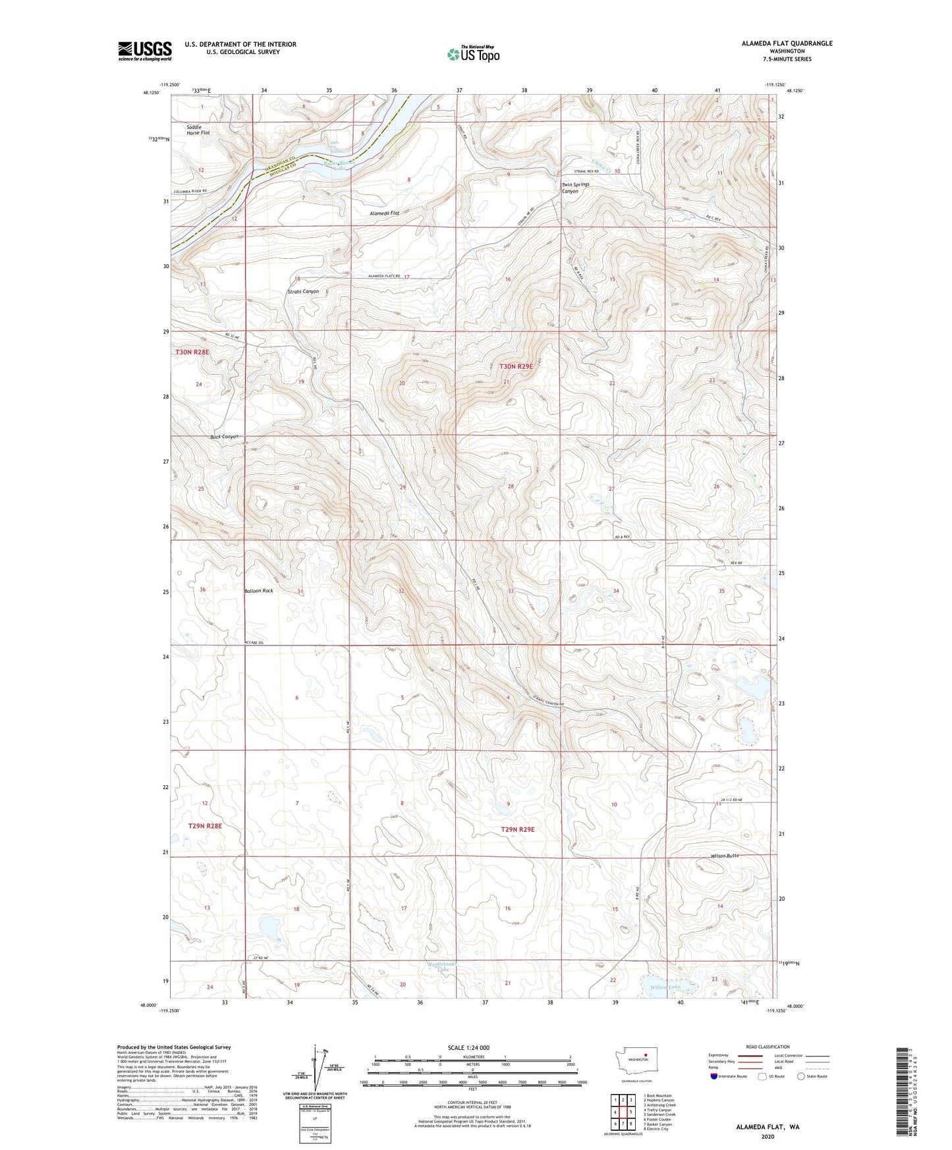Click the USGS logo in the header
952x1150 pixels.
(145, 51)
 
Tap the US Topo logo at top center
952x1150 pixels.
(472, 54)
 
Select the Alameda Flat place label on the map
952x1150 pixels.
(385, 213)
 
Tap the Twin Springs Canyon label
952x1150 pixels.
(575, 188)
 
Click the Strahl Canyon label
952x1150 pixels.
(303, 291)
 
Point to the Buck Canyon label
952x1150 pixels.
(224, 437)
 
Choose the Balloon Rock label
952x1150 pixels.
(258, 591)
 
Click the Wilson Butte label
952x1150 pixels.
(725, 856)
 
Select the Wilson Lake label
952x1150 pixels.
(665, 987)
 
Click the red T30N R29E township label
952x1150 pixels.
(517, 366)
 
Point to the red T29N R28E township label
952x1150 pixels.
(205, 825)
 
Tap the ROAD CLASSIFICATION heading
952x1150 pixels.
(768, 1047)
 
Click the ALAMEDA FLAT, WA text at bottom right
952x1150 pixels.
(768, 1127)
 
